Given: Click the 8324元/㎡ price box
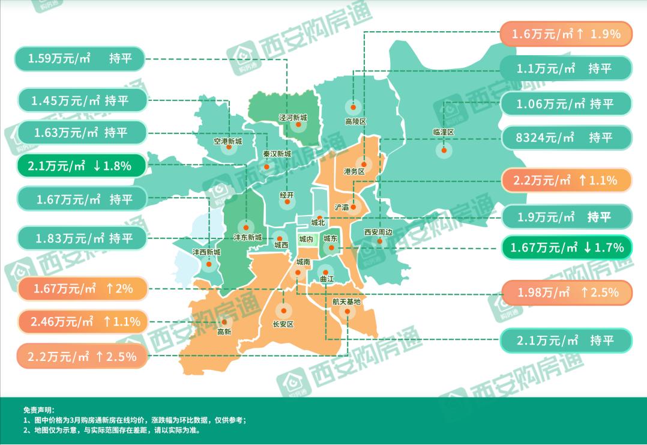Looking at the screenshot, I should click(x=565, y=138).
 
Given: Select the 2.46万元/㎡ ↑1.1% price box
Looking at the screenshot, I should click(x=83, y=322).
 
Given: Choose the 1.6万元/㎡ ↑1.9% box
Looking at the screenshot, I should click(x=565, y=34).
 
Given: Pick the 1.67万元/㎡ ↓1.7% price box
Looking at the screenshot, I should click(x=565, y=247).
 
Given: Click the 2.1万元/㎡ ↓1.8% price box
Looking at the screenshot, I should click(x=83, y=166).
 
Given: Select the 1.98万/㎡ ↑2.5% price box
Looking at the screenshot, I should click(x=565, y=292).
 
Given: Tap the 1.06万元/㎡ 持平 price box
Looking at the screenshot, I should click(x=565, y=104).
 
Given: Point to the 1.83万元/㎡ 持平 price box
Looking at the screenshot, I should click(x=83, y=238).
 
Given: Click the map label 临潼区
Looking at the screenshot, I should click(x=444, y=132).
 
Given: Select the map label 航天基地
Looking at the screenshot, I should click(x=346, y=301).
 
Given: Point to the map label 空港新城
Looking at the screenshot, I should click(x=228, y=142).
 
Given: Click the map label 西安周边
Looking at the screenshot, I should click(x=378, y=232).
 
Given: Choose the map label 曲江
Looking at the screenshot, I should click(x=327, y=279).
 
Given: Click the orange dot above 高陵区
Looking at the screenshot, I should click(x=353, y=108).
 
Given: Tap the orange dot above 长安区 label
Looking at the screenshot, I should click(x=283, y=311).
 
